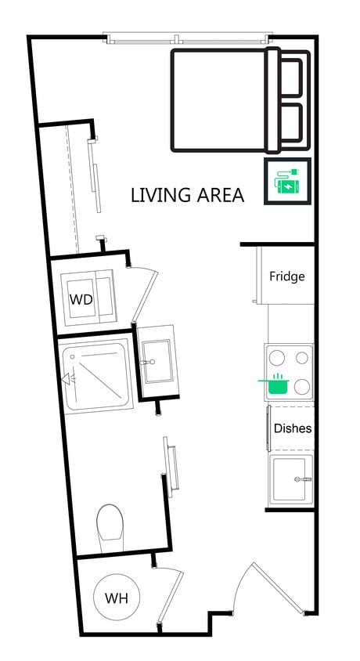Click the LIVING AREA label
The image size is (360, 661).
(187, 194)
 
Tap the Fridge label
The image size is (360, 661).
(286, 276)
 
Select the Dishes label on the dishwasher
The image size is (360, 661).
(292, 428)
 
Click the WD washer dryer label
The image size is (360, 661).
(81, 299)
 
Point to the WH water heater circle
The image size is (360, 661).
(117, 598)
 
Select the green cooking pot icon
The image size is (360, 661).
(275, 383)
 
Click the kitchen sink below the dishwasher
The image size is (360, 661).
(290, 479)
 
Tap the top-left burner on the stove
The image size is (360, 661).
(276, 358)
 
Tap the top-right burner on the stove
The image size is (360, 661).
(301, 358)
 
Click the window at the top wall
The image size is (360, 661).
(188, 38)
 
